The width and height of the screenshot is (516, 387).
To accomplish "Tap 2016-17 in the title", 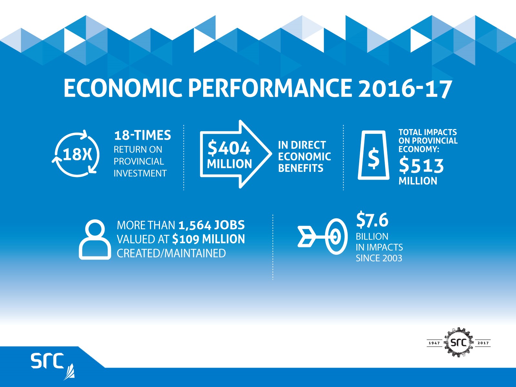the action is pos(404,88).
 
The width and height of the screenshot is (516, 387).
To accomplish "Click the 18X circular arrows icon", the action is pos(76,154).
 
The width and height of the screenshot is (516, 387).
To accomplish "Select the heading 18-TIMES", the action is pos(143,135).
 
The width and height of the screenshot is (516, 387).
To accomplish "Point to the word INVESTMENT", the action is pos(140,174).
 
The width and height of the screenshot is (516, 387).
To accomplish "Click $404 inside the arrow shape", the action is pos(229,148).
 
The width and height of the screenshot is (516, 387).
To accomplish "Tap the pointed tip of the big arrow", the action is pos(272,154).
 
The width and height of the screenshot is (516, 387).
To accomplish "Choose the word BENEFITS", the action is pos(301,168).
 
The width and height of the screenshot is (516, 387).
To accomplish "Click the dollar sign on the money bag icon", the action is pos(373,159).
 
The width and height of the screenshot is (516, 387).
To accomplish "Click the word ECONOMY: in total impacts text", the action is pos(419,149).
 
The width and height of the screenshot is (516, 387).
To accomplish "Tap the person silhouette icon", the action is pos(95,239).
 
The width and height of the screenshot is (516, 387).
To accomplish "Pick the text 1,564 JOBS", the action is pos(212,225).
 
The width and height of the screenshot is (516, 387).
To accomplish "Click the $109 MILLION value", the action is pos(209,239).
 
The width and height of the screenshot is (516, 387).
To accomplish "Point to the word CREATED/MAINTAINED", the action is pos(171,253).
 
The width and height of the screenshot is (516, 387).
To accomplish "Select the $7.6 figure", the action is pos(372,220).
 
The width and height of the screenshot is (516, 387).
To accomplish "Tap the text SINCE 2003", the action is pos(379,258).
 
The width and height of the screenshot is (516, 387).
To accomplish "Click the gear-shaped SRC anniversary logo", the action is pos(458,342).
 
